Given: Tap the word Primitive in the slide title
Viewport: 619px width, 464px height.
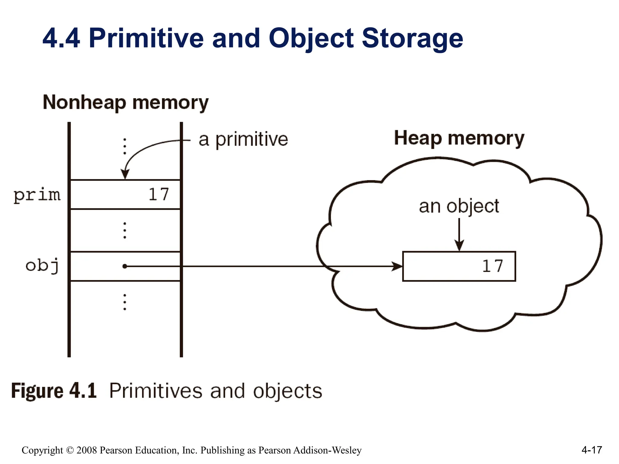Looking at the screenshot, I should click(x=146, y=38).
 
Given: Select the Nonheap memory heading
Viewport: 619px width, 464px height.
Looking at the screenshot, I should click(x=126, y=103).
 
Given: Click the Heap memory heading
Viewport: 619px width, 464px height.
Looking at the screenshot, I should click(x=459, y=138).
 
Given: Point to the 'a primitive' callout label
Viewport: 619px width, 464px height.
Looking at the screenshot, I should click(x=243, y=140).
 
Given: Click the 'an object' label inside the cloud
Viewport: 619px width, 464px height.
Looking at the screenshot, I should click(x=459, y=206).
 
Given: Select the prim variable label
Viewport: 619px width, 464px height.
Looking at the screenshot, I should click(x=37, y=195).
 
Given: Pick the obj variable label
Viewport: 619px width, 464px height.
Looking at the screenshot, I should click(x=42, y=266).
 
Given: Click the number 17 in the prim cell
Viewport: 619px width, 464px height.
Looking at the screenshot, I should click(x=158, y=195).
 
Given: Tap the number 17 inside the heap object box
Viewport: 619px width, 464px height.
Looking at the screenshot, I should click(x=492, y=266).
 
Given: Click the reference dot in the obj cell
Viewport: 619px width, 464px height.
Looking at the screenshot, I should click(x=125, y=266).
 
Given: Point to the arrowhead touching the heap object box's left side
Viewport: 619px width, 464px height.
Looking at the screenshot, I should click(x=397, y=266).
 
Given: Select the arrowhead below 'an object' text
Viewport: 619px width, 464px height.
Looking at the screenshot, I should click(x=459, y=245).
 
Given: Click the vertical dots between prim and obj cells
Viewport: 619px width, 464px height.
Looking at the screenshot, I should click(x=125, y=230).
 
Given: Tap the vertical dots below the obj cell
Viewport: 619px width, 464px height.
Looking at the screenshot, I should click(x=125, y=302).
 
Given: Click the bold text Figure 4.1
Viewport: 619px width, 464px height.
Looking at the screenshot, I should click(x=54, y=391).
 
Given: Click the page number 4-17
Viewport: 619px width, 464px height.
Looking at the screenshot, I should click(x=591, y=450).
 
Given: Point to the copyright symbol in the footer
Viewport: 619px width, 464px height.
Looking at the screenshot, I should click(x=70, y=450).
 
